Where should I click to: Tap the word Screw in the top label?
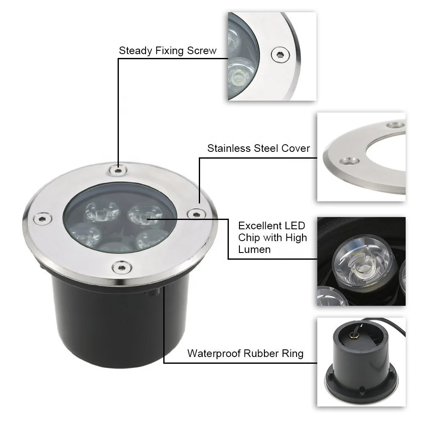tap(201, 51)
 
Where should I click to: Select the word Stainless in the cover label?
tap(228, 148)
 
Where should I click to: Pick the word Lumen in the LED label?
tap(254, 250)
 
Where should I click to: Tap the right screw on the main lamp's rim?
tap(195, 214)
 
